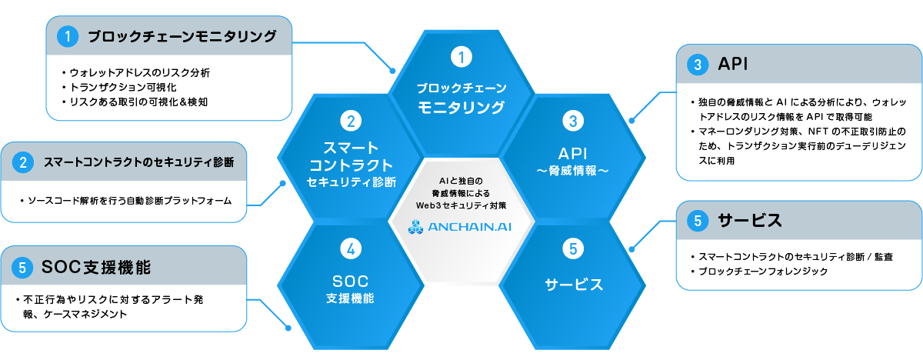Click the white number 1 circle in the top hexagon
point(461,56)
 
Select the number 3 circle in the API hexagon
point(572,120)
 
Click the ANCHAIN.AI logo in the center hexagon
point(461,226)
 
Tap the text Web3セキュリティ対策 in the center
point(461,205)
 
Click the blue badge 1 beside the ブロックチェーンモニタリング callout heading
point(68,35)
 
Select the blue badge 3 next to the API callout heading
point(697,64)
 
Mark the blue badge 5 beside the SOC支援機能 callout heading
point(23,268)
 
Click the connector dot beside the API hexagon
point(632,119)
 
